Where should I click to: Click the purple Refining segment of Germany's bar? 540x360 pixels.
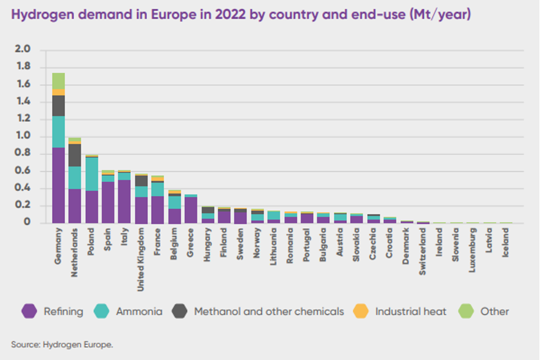59,186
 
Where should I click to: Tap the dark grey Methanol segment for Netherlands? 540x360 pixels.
75,155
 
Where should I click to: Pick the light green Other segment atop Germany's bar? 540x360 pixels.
59,81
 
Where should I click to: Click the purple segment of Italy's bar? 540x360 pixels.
125,202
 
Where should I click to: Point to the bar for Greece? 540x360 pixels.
191,209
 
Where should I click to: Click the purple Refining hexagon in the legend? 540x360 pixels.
29,311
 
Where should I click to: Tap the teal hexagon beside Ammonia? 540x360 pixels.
101,311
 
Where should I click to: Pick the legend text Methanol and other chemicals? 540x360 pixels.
269,311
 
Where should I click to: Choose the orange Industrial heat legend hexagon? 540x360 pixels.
361,311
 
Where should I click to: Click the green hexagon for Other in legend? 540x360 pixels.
466,311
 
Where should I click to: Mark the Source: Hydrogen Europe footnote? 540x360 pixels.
62,344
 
